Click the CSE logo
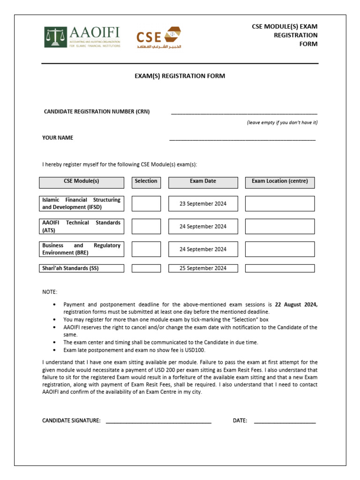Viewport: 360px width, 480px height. tap(158, 37)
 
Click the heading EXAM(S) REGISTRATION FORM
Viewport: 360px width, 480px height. tap(180, 76)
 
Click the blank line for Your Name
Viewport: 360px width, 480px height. tap(242, 139)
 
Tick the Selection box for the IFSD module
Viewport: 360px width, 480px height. tap(146, 203)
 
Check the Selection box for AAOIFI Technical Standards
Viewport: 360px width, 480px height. tap(146, 226)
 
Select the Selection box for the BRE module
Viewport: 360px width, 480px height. tap(146, 249)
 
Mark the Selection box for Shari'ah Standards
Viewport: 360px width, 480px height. tap(146, 268)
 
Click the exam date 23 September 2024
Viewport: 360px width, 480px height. tap(203, 203)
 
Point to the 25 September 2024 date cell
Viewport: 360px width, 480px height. tap(203, 268)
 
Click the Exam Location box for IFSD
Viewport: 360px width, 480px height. tap(280, 203)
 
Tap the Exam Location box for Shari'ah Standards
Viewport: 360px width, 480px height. tap(280, 268)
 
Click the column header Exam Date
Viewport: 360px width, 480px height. tap(203, 181)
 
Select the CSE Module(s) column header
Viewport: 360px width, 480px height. tap(82, 181)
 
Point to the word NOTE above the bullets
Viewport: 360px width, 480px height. tap(50, 292)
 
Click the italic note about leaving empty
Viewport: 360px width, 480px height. tap(282, 122)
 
